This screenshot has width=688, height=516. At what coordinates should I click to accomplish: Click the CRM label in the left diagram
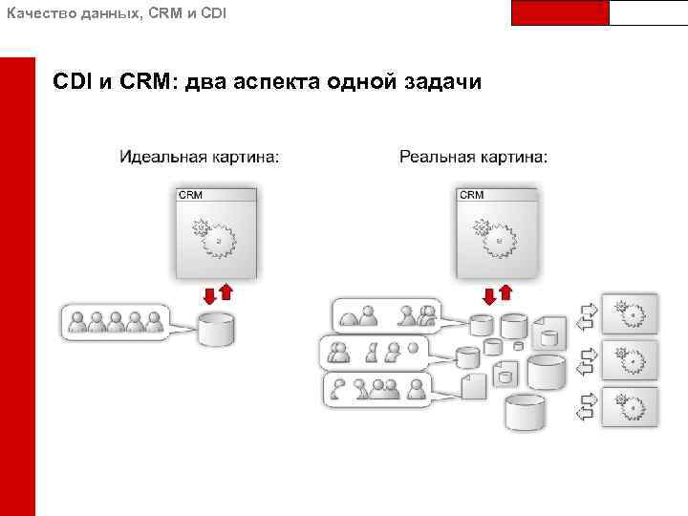[x=190, y=195]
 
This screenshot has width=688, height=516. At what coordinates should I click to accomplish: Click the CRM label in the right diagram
[x=472, y=195]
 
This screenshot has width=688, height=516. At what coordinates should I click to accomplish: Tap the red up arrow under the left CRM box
[x=226, y=290]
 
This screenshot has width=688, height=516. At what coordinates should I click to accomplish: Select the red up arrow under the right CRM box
[x=506, y=290]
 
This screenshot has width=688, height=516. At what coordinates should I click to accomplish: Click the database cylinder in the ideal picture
[x=216, y=330]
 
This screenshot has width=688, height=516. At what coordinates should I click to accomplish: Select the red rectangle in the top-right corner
[x=560, y=12]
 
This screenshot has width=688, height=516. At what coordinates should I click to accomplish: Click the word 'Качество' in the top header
[x=34, y=14]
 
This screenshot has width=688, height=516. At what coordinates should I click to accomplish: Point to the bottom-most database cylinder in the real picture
[x=526, y=411]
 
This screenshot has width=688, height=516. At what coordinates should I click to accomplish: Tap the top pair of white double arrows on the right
[x=589, y=312]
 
